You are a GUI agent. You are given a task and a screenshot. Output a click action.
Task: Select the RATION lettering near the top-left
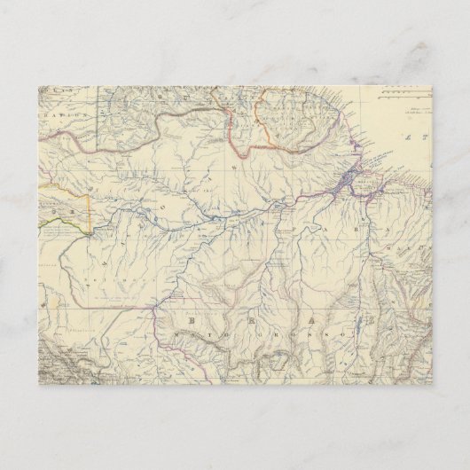66,114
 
